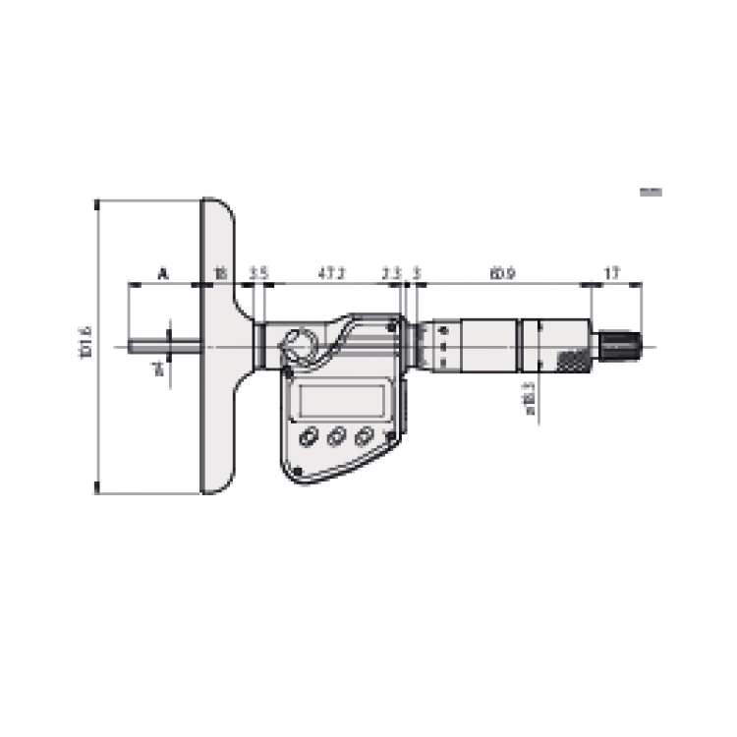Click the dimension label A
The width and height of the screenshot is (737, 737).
click(163, 272)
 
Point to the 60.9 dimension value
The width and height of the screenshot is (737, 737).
click(501, 272)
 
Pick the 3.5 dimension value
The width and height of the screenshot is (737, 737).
click(258, 272)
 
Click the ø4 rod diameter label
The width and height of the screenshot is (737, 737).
click(155, 369)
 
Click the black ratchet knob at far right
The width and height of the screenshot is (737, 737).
click(621, 346)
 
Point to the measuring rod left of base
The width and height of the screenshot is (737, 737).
click(165, 346)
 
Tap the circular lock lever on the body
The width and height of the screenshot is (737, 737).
click(297, 345)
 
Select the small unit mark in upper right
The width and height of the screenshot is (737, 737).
click(651, 193)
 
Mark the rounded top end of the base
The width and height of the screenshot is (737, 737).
click(217, 207)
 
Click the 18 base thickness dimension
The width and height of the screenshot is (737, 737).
click(220, 272)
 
